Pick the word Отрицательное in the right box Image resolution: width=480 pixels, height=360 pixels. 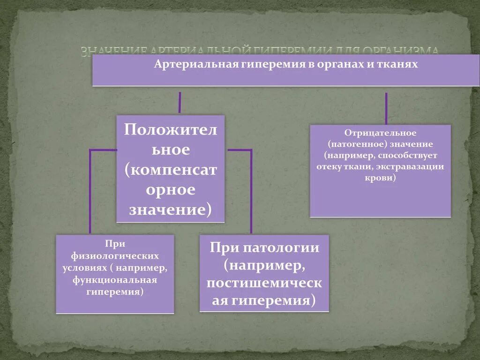click(x=380, y=134)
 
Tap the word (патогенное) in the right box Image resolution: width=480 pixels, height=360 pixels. click(x=352, y=144)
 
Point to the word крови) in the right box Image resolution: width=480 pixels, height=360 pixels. click(x=380, y=178)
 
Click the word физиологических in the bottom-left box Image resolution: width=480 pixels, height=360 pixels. click(x=115, y=256)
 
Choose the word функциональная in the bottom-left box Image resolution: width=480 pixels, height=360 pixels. click(x=115, y=280)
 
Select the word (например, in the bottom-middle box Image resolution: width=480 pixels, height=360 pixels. click(x=264, y=265)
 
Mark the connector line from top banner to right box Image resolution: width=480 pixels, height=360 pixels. click(x=386, y=108)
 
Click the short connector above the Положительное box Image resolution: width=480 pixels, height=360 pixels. click(x=180, y=102)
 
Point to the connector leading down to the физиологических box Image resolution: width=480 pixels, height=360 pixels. click(x=90, y=192)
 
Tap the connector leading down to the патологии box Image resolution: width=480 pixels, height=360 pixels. click(x=251, y=192)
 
